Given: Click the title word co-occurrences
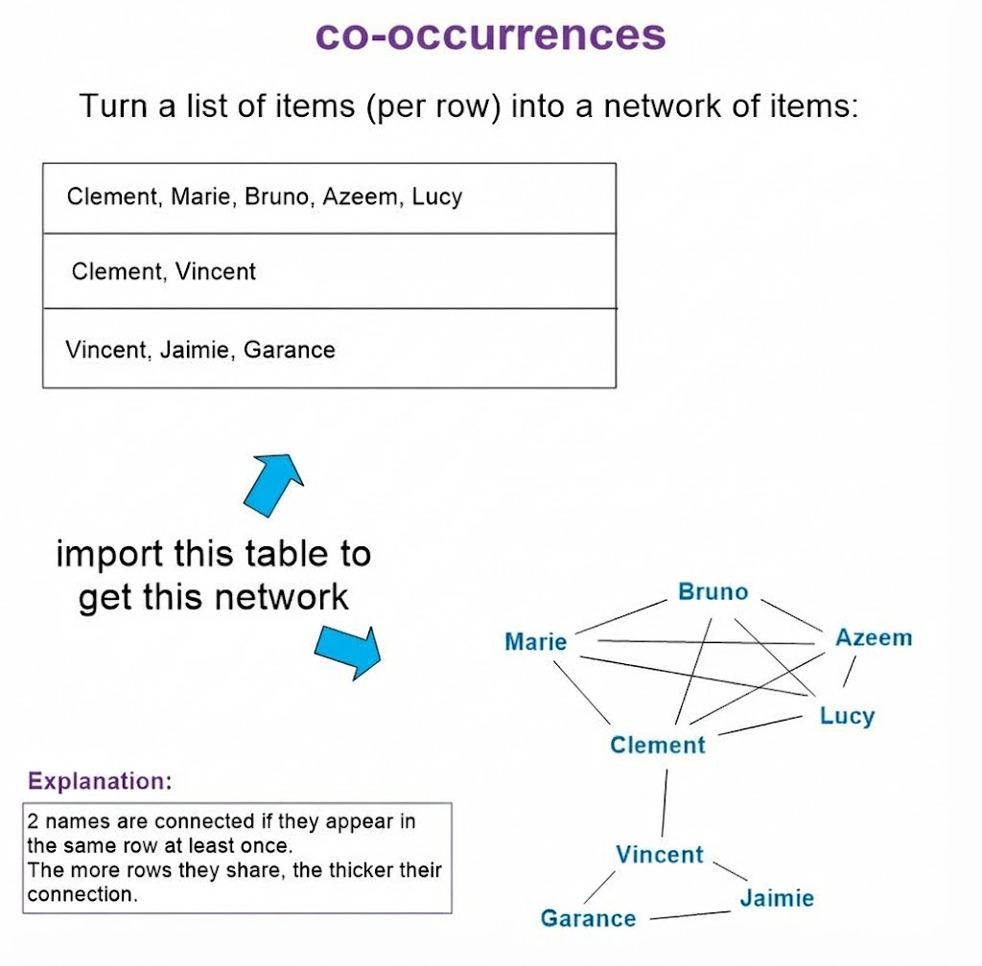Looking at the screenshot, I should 490,35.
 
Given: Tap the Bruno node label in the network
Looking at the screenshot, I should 713,591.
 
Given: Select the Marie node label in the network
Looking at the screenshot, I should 535,641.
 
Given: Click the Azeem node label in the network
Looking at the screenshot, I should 873,637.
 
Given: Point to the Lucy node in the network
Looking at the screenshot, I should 847,716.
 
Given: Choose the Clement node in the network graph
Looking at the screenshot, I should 657,745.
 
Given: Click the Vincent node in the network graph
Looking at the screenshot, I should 660,854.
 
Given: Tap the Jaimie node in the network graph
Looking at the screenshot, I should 776,898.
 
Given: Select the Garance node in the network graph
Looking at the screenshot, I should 588,918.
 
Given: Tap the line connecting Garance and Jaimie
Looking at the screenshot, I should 690,916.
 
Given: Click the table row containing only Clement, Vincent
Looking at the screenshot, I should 329,271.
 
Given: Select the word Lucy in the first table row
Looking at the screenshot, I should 437,197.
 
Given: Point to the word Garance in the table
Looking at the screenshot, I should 289,350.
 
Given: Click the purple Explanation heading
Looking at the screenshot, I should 100,781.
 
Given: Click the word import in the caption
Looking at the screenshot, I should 107,554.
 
